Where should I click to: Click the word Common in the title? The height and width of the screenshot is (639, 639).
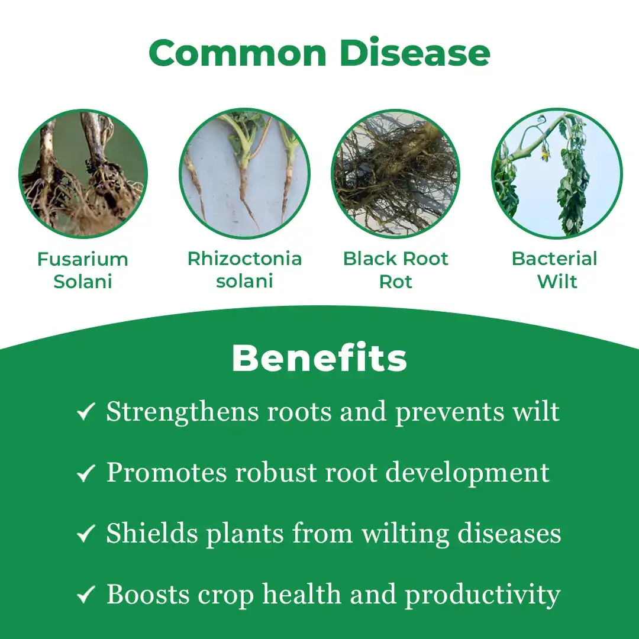tap(238, 53)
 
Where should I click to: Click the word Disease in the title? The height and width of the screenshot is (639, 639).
tap(414, 53)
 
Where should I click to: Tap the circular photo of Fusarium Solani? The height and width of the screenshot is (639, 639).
tap(83, 173)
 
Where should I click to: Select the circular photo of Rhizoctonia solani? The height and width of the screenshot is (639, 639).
tap(244, 173)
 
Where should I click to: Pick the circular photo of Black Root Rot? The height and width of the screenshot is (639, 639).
tap(395, 173)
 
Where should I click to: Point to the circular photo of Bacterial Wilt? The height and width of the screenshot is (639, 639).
tap(557, 173)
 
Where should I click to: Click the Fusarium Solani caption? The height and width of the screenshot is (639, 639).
tap(83, 270)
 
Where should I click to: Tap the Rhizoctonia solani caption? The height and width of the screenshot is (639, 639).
tap(244, 270)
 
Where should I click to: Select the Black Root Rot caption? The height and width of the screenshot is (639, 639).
tap(395, 270)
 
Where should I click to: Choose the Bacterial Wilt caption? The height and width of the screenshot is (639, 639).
tap(554, 270)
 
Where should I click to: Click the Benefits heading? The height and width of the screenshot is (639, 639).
tap(319, 358)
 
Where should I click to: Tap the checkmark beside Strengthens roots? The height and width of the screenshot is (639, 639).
tap(86, 411)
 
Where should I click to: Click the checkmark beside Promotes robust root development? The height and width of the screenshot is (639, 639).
tap(86, 473)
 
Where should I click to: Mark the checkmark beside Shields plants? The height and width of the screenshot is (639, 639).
tap(86, 534)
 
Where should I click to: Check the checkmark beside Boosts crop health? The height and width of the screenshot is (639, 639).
tap(86, 594)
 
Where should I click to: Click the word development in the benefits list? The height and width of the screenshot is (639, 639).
tap(467, 475)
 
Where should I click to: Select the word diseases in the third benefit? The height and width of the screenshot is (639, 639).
tap(509, 534)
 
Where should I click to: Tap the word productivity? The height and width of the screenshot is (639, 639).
tap(483, 596)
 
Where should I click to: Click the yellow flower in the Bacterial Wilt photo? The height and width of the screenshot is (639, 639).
tap(544, 153)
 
